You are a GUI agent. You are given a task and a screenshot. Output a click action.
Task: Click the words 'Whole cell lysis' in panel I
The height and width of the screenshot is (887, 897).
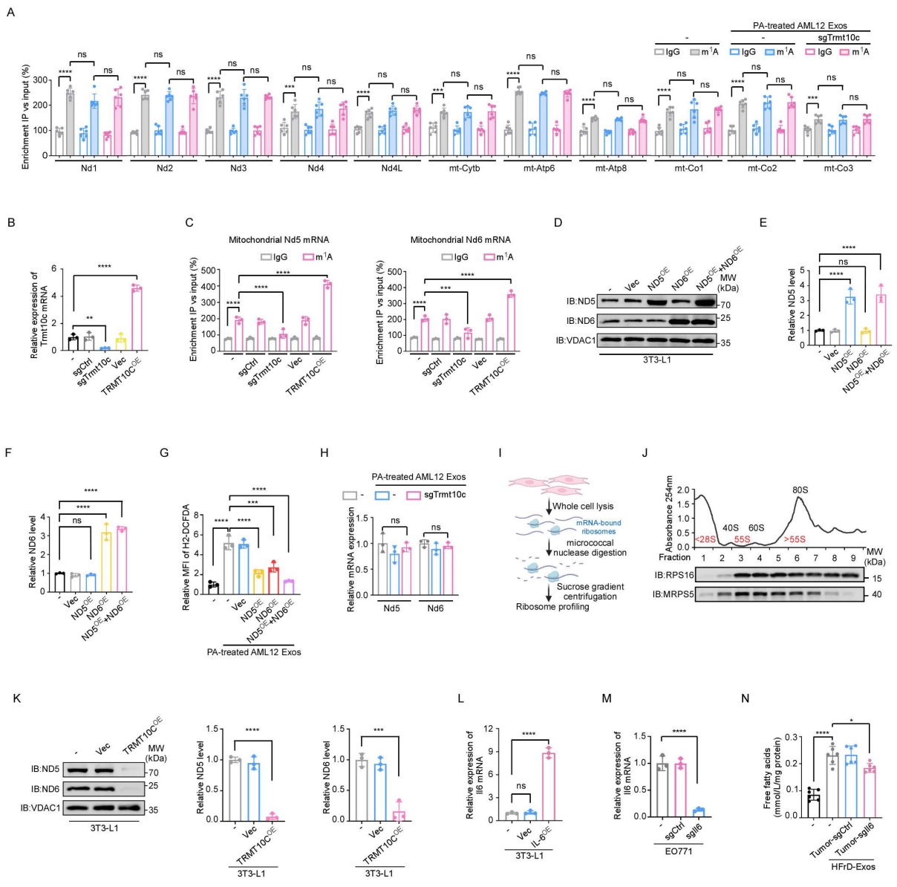coord(582,507)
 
